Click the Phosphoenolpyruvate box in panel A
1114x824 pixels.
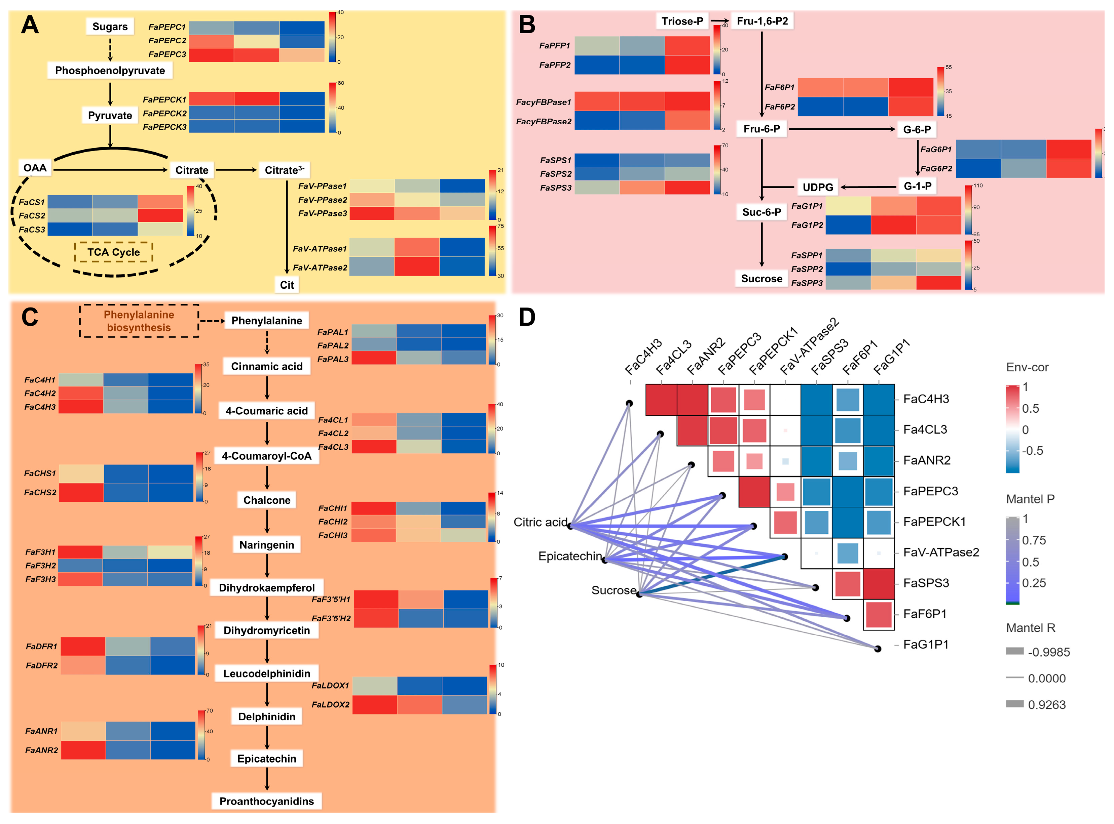tap(110, 70)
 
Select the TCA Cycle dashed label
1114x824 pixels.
tap(113, 252)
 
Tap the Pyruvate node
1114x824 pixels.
tap(110, 116)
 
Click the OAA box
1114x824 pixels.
tap(35, 168)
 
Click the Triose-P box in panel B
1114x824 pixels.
tap(682, 21)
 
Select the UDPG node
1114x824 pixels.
tap(818, 188)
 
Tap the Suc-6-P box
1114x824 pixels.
tap(761, 212)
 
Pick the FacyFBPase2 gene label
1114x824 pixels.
tap(544, 122)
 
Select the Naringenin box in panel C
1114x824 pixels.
tap(266, 545)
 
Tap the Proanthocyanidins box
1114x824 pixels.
tap(266, 801)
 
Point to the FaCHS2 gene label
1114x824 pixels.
tap(40, 493)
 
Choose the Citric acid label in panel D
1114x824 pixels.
tap(541, 522)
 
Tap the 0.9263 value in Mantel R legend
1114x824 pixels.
tap(1047, 705)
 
